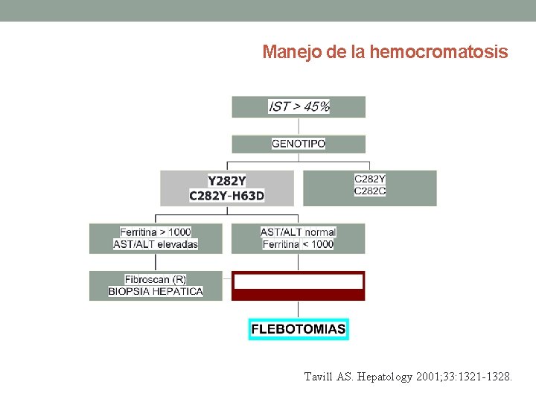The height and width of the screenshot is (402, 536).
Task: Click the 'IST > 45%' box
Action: pyautogui.click(x=299, y=106)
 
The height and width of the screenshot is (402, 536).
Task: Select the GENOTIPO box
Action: pyautogui.click(x=299, y=144)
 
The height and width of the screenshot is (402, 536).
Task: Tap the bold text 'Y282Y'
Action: pyautogui.click(x=227, y=181)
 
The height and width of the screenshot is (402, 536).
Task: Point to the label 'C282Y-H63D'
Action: pyautogui.click(x=227, y=196)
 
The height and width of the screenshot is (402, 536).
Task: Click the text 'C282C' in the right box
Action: pyautogui.click(x=370, y=191)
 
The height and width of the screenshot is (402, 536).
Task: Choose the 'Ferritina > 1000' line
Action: pyautogui.click(x=156, y=232)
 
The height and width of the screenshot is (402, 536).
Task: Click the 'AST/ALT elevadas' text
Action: pyautogui.click(x=156, y=244)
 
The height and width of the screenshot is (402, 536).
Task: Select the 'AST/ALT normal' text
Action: pyautogui.click(x=299, y=232)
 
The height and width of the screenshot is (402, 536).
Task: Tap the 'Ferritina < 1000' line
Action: pyautogui.click(x=299, y=244)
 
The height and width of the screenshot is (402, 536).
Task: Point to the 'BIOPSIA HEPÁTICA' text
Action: pyautogui.click(x=156, y=292)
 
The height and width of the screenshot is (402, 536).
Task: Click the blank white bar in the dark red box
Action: pyautogui.click(x=299, y=281)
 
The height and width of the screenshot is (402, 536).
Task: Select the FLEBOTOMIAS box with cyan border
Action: pyautogui.click(x=299, y=329)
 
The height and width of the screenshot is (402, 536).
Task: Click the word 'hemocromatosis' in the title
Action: pyautogui.click(x=438, y=53)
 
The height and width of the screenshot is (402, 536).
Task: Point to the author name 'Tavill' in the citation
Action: pyautogui.click(x=320, y=377)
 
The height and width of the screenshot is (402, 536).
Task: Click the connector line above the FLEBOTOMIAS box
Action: pyautogui.click(x=299, y=310)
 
